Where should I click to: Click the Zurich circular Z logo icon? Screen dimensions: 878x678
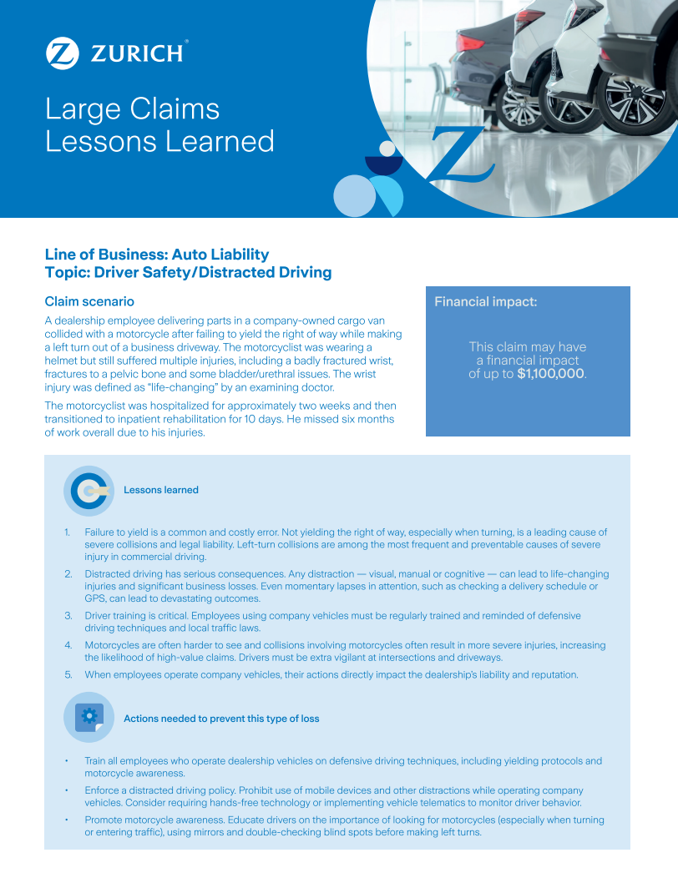click(x=63, y=53)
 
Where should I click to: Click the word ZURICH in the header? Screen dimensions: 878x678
click(x=137, y=54)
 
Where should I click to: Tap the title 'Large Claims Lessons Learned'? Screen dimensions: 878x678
click(x=159, y=125)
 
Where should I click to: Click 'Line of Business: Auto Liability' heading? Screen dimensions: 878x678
click(x=157, y=255)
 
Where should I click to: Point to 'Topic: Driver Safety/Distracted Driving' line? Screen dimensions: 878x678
click(x=188, y=272)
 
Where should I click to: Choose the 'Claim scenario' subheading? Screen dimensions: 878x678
click(x=89, y=301)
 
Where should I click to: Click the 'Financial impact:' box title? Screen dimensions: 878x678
click(x=485, y=302)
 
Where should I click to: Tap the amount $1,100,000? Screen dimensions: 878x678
click(x=550, y=374)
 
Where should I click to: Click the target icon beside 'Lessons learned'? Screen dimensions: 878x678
click(x=89, y=491)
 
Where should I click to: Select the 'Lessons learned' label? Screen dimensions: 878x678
click(x=161, y=490)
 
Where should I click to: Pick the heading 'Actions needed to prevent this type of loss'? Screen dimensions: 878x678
click(x=221, y=719)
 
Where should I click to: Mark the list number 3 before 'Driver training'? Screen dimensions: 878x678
click(x=68, y=616)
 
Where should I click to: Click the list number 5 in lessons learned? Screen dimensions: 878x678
click(x=68, y=674)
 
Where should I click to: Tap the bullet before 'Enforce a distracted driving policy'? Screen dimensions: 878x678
click(x=67, y=790)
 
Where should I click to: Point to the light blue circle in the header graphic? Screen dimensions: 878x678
click(x=354, y=197)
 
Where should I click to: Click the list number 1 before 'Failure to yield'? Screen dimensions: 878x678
click(x=68, y=532)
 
